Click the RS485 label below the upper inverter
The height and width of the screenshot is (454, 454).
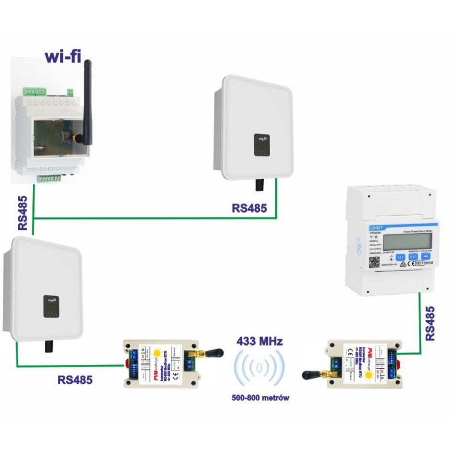pyautogui.click(x=249, y=208)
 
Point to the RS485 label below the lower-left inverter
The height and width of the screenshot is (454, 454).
pyautogui.click(x=75, y=379)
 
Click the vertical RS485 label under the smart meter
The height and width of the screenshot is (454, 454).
pyautogui.click(x=430, y=323)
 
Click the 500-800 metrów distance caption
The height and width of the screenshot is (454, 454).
pyautogui.click(x=260, y=398)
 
